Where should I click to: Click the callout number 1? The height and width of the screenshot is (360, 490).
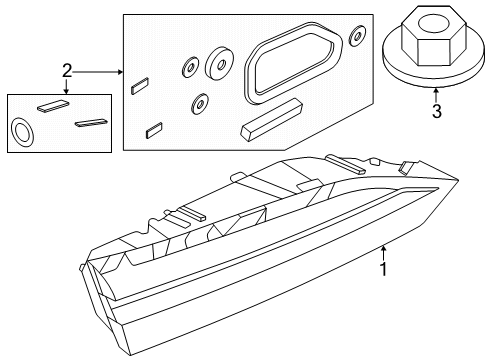click(x=384, y=269)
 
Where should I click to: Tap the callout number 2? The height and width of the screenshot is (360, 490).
click(x=67, y=71)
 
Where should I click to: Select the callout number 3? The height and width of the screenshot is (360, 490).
click(x=437, y=111)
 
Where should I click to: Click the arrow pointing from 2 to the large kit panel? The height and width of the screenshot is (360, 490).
click(x=98, y=72)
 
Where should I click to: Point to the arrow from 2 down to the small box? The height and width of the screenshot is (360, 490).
click(x=67, y=87)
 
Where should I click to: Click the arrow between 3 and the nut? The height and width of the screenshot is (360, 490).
click(x=436, y=95)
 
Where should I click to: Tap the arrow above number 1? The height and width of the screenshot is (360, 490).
click(x=384, y=253)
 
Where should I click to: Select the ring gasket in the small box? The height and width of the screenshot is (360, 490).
click(x=23, y=132)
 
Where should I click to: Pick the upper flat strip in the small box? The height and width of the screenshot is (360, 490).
click(x=53, y=105)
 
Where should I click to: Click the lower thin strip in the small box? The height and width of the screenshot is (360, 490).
click(x=91, y=122)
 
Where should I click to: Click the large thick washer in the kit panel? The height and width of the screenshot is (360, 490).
click(x=218, y=64)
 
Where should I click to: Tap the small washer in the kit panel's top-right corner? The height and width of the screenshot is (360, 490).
click(x=357, y=35)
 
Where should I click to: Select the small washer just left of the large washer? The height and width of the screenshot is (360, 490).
click(x=190, y=68)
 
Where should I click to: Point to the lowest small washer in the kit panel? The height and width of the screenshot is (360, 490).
click(x=200, y=104)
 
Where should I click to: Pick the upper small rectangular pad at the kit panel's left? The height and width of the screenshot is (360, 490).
click(x=140, y=86)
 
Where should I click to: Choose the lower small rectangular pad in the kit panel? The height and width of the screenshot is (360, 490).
click(x=154, y=130)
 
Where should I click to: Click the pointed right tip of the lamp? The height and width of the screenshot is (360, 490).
click(x=458, y=180)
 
